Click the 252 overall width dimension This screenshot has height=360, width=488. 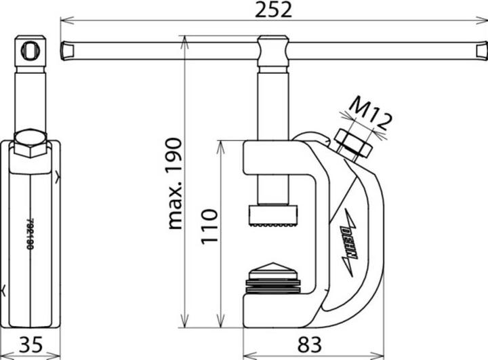point(274,9)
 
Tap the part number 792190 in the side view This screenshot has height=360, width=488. point(30,234)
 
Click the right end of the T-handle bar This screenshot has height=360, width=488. point(481,50)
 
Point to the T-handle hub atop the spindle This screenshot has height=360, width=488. point(273,51)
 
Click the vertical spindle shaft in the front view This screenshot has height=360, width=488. point(273,136)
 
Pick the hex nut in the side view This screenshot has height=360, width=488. point(30,142)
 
